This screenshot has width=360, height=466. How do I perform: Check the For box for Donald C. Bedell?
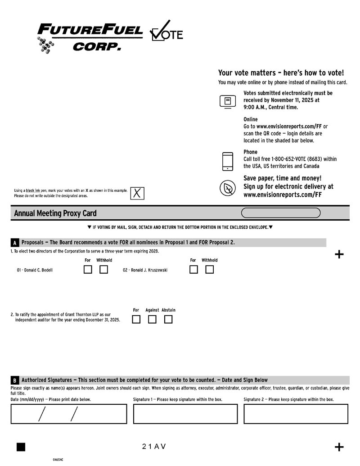[x=88, y=270]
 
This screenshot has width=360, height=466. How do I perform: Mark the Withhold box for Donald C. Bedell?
[x=104, y=270]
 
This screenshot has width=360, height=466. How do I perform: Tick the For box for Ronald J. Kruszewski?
[x=193, y=270]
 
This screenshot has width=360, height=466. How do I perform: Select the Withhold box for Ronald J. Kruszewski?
[x=209, y=270]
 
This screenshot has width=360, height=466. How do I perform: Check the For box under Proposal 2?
[x=136, y=320]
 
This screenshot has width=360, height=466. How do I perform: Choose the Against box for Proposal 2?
[x=152, y=320]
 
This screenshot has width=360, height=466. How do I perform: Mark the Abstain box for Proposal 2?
[x=168, y=320]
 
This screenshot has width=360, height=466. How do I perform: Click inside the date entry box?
[x=69, y=414]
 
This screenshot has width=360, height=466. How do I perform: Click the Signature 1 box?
[x=185, y=414]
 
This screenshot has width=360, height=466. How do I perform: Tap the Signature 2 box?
[x=296, y=414]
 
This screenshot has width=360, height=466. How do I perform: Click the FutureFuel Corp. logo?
[x=90, y=37]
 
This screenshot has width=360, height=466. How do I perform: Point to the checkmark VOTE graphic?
[x=166, y=32]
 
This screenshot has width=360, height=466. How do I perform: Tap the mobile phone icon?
[x=228, y=161]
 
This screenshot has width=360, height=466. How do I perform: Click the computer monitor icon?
[x=228, y=101]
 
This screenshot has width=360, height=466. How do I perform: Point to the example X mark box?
[x=137, y=193]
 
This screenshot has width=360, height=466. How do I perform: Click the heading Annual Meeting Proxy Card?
[x=55, y=213]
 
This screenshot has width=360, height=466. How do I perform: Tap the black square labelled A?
[x=15, y=243]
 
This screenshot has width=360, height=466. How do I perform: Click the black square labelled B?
[x=15, y=380]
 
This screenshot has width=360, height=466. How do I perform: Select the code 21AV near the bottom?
[x=154, y=447]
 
